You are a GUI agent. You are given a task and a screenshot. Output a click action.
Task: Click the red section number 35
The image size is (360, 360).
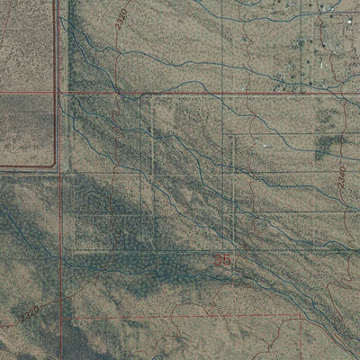223,261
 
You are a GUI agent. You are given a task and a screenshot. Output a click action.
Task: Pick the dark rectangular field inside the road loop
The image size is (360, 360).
27,130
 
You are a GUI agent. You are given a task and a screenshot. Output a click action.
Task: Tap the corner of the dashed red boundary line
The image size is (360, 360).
300,316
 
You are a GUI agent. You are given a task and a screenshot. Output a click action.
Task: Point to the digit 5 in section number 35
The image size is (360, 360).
227,261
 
